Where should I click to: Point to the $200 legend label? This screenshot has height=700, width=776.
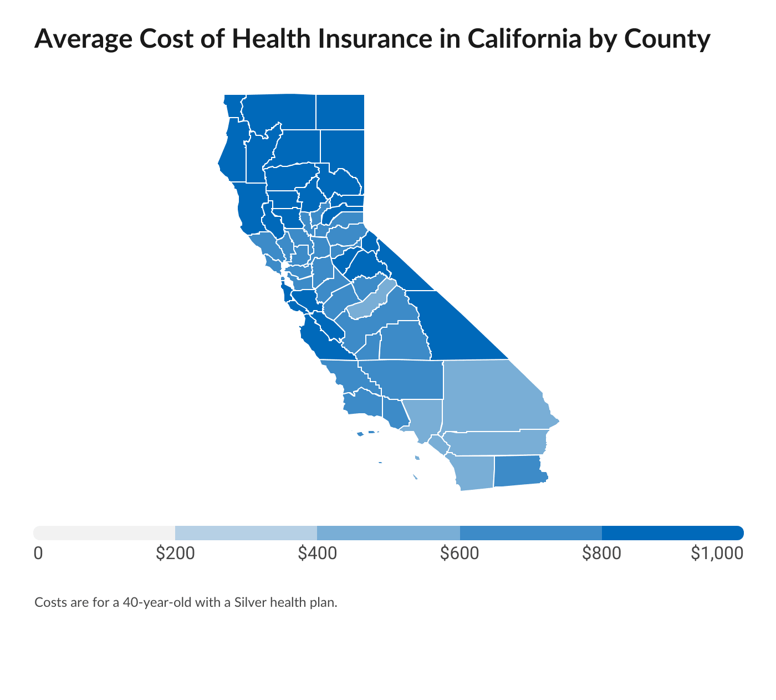(175, 553)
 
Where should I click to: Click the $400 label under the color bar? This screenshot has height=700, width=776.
(317, 553)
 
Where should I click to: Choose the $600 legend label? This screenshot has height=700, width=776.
(460, 553)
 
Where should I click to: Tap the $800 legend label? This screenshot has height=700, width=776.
(601, 553)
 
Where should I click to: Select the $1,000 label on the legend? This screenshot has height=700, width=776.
(716, 553)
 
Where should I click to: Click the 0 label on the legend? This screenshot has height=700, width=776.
(38, 553)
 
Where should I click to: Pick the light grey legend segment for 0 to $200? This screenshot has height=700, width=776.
(104, 533)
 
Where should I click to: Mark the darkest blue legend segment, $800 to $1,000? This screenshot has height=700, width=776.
(672, 533)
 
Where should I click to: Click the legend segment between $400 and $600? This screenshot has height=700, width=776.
(388, 533)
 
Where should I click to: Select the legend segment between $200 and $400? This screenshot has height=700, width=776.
(246, 533)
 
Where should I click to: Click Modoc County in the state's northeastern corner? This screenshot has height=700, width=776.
(340, 111)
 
